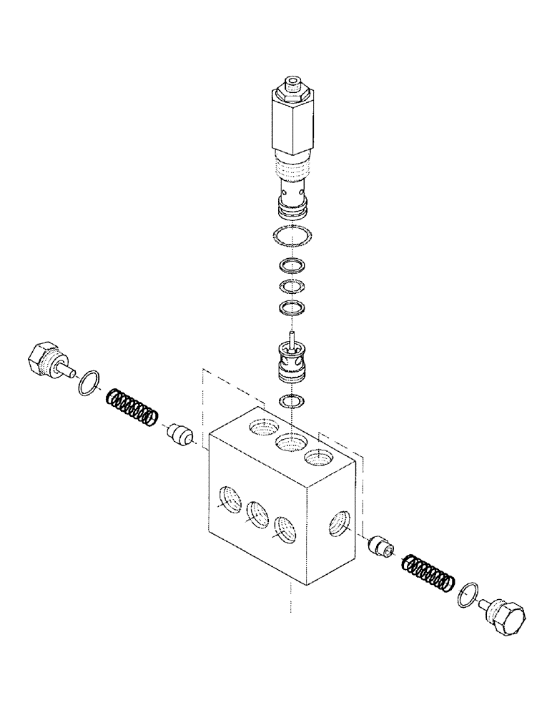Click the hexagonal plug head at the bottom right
pyautogui.click(x=509, y=617)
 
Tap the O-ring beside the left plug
pyautogui.click(x=87, y=382)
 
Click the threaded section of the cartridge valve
pyautogui.click(x=291, y=169)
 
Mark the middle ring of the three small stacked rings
pyautogui.click(x=290, y=287)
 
